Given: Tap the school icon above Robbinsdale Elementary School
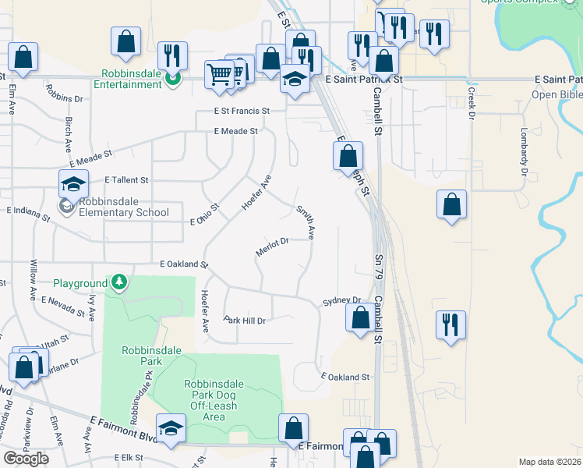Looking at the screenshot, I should pos(73,185).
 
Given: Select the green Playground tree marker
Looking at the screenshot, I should pos(118,281).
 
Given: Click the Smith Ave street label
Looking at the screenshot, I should pos(306,222).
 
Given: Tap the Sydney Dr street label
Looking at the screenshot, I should pos(342,300).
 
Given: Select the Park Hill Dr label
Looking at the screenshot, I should pos(245,321).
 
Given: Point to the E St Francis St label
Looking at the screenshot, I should pos(242,112).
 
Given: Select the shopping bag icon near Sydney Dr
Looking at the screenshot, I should pos(360,318).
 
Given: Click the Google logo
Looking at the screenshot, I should pos(26,458).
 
